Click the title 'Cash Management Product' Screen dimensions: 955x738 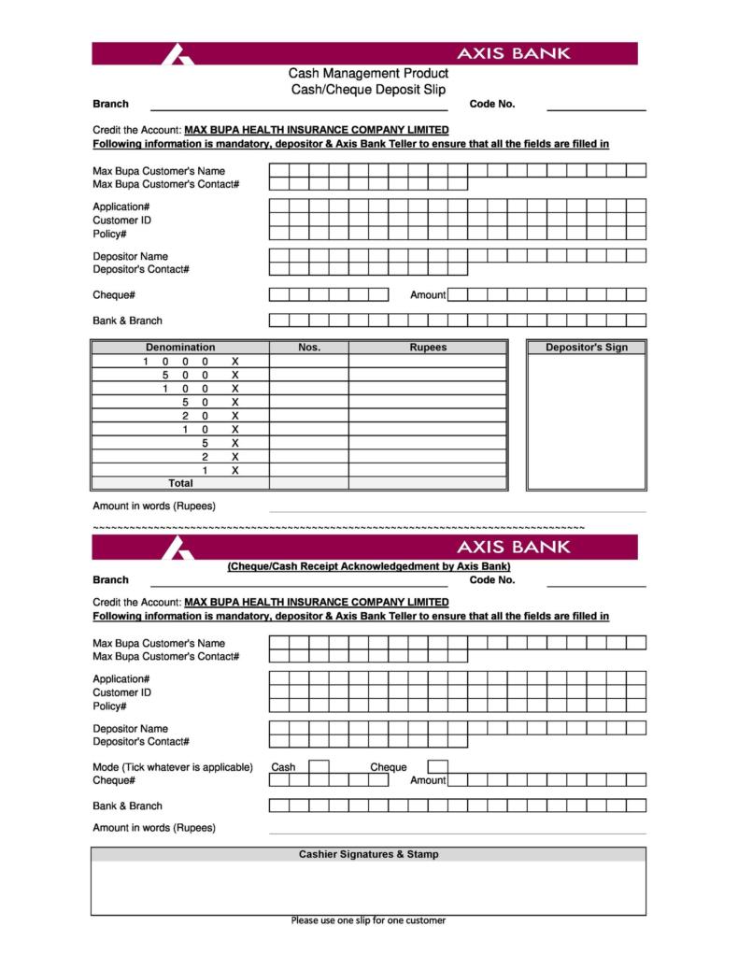pos(368,73)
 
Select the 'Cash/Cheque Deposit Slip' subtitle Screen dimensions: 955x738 pos(368,89)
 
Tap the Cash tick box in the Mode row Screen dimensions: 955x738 pos(319,767)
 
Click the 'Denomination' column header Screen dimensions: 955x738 pos(180,348)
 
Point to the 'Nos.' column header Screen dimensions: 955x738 pos(309,348)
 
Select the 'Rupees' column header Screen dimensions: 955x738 pos(428,348)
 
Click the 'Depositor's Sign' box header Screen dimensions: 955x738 pos(586,348)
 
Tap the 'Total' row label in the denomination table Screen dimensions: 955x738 pos(180,483)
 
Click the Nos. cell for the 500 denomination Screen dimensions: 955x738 pos(309,375)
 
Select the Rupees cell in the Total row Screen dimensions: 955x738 pos(428,483)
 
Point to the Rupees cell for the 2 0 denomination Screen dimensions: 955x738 pos(428,416)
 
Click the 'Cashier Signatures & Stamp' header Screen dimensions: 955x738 pos(368,854)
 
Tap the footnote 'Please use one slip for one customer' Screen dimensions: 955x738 pos(368,920)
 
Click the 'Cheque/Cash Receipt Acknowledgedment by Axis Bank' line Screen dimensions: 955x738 pos(369,566)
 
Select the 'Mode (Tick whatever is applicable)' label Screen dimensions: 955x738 pos(173,767)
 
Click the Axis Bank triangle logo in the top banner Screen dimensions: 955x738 pos(177,54)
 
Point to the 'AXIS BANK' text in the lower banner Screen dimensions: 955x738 pos(512,546)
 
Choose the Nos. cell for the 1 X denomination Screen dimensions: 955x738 pos(309,470)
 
